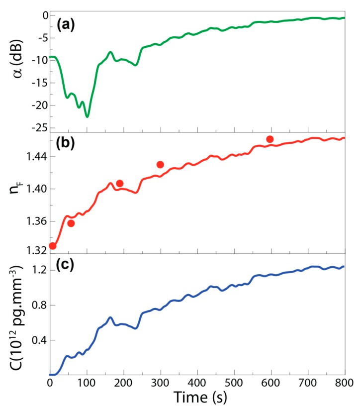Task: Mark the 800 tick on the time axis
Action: pos(345,383)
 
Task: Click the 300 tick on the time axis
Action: pos(161,383)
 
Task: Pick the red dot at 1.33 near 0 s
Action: pos(53,246)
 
